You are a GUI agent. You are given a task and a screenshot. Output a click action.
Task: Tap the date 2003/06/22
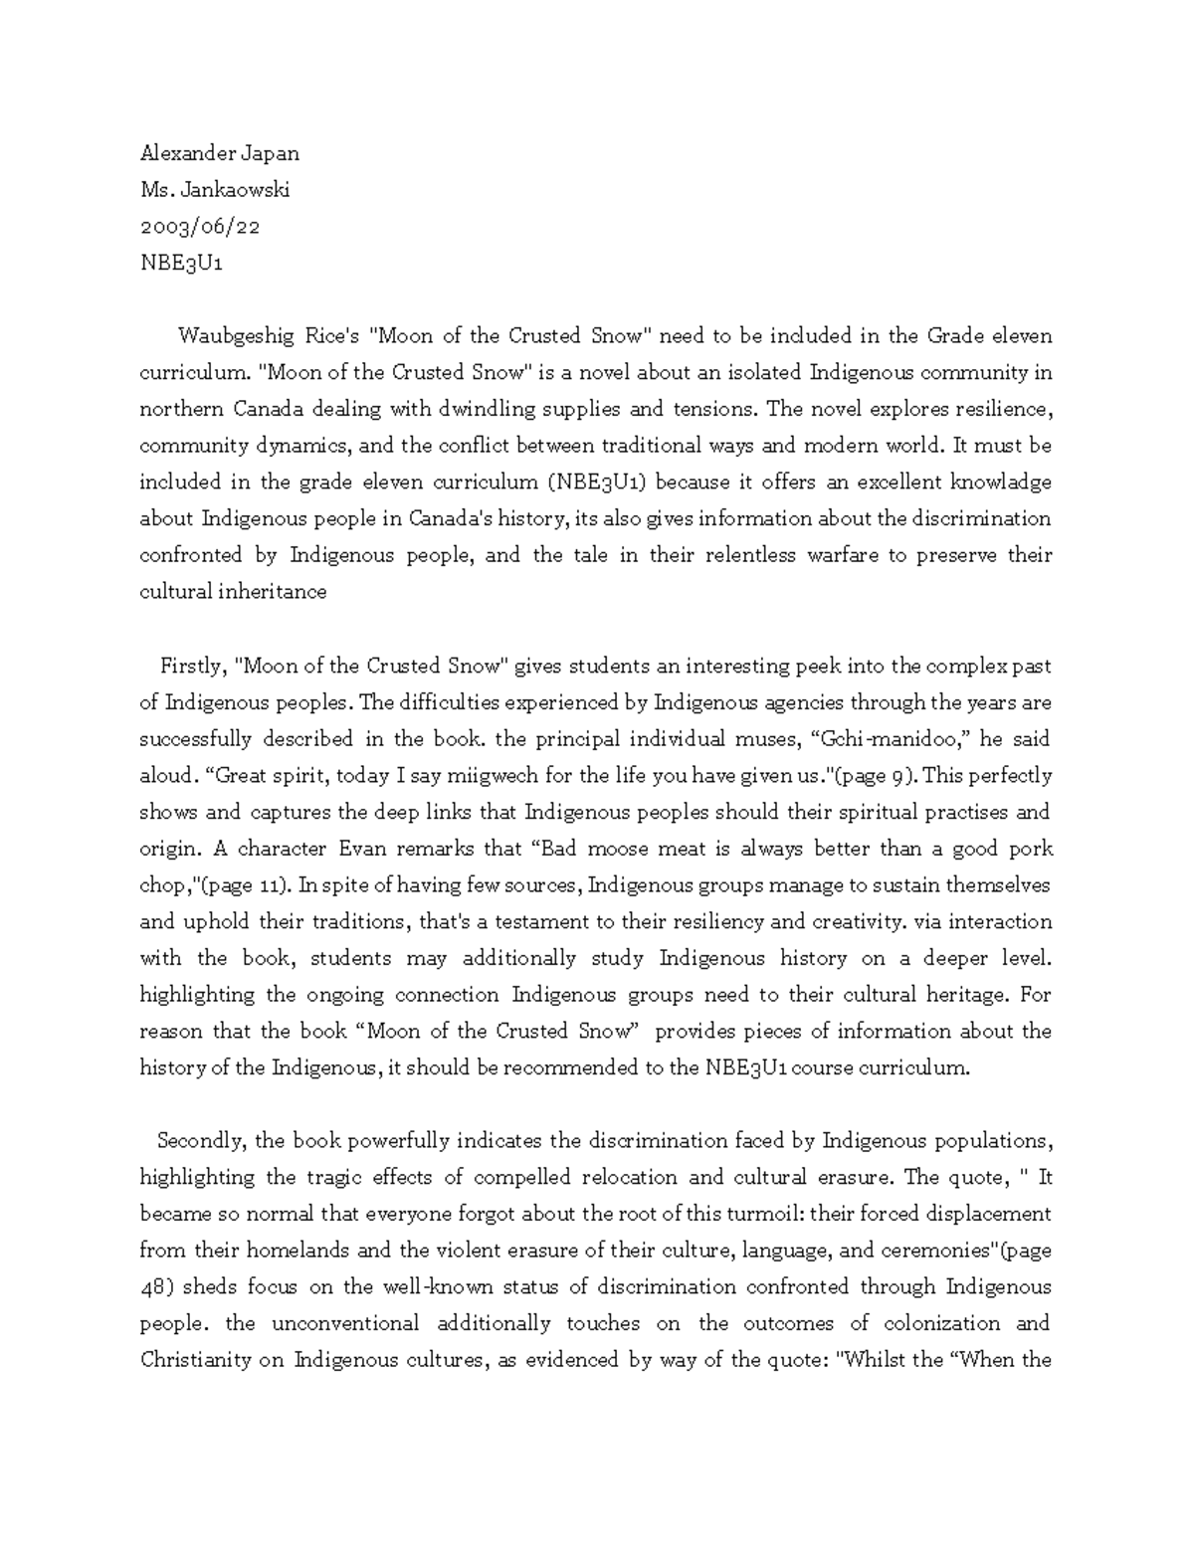click(199, 226)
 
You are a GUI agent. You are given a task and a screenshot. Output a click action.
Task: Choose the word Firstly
click(195, 666)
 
